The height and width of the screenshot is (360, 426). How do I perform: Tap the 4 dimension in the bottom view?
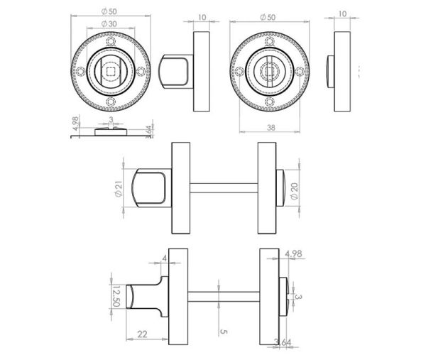[x=165, y=258]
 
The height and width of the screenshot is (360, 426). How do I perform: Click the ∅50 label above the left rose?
[x=109, y=12]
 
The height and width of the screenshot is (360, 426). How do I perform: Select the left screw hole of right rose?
[x=237, y=72]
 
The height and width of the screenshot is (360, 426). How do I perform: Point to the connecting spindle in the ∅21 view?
[x=223, y=187]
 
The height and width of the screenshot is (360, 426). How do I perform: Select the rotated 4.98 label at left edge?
[x=75, y=126]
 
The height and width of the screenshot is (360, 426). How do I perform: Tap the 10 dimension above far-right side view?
[x=342, y=13]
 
